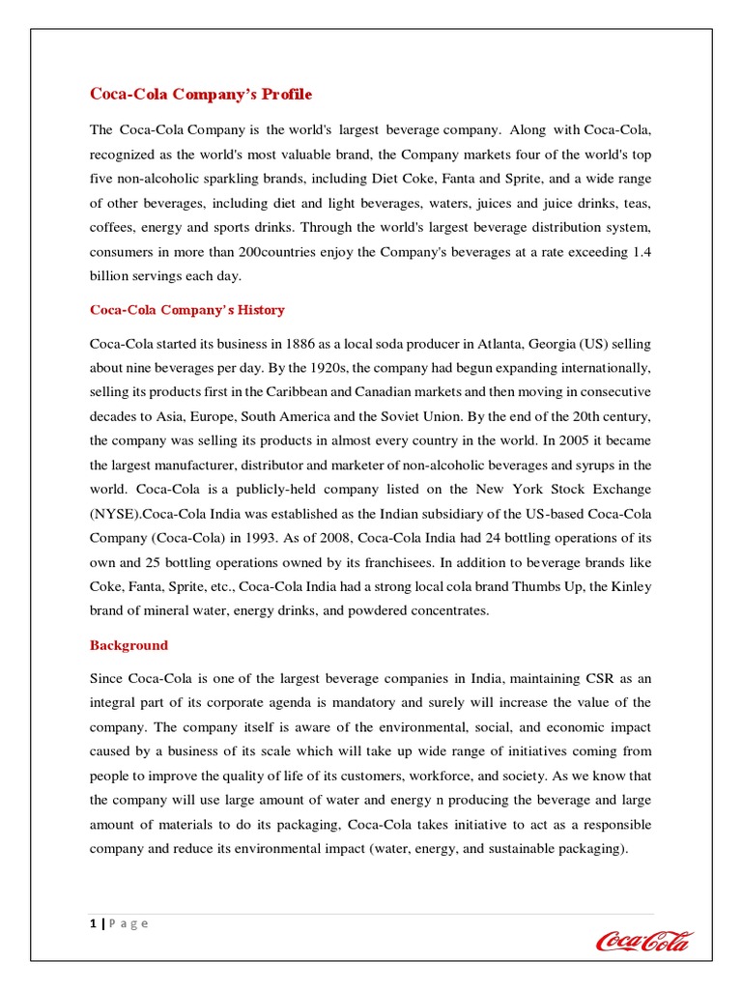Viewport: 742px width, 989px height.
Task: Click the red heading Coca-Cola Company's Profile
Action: click(x=201, y=94)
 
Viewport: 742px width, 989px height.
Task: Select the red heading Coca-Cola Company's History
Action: click(x=187, y=310)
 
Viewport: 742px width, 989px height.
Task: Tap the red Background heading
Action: click(x=128, y=645)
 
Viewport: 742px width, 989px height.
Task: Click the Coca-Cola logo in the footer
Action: click(x=643, y=940)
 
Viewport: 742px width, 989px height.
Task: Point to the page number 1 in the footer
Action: click(x=93, y=923)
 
